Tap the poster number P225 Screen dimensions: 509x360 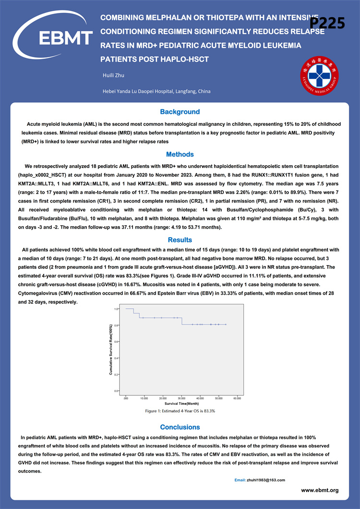pos(328,23)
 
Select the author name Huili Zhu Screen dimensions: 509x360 pos(114,75)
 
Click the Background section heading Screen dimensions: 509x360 pos(180,112)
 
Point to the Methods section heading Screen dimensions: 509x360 pos(180,155)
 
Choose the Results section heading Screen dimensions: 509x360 pos(180,240)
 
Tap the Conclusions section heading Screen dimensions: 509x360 pos(180,427)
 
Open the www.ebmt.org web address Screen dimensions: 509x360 pos(320,490)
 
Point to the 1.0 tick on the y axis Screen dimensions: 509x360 pos(117,309)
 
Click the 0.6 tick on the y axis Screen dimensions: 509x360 pos(117,342)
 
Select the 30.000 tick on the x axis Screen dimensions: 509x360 pos(181,398)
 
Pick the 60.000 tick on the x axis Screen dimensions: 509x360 pos(237,398)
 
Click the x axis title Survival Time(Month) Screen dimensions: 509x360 pos(181,404)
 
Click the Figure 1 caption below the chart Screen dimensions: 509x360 pos(180,411)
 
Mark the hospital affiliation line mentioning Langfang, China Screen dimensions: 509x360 pos(156,91)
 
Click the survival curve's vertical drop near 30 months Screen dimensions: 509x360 pos(181,321)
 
